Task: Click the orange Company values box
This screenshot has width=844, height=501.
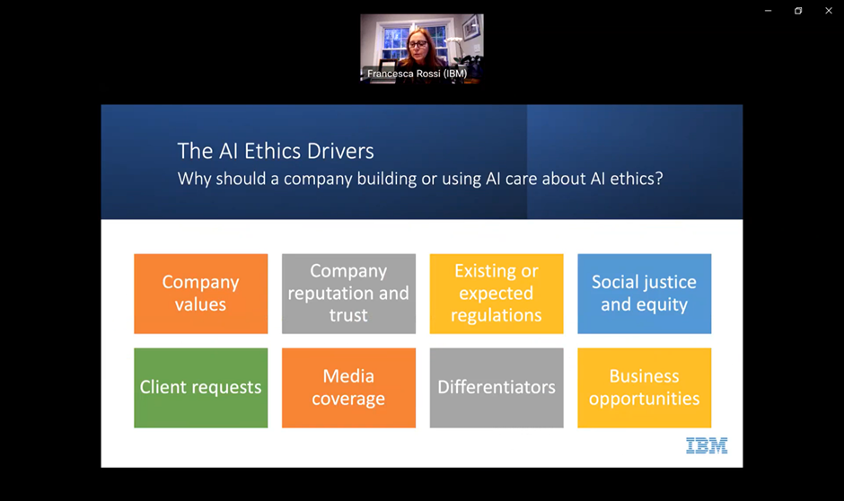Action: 201,294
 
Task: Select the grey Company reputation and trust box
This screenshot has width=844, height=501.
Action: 348,294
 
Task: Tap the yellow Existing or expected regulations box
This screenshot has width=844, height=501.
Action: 497,294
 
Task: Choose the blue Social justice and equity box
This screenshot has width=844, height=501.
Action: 645,294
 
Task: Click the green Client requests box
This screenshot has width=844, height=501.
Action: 201,388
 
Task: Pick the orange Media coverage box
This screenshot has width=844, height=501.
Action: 348,388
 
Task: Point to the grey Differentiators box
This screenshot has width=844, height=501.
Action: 497,388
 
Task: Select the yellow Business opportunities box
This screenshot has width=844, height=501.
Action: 645,388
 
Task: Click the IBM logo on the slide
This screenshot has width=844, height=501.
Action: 707,445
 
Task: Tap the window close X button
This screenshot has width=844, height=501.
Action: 829,11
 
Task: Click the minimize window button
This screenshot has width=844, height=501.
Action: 768,11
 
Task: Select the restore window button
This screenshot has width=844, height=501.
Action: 798,11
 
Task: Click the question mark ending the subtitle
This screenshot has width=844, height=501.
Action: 659,178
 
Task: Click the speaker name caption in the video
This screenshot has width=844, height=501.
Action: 418,74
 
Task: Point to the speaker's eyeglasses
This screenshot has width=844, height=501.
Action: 418,44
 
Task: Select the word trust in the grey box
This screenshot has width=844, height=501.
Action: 348,315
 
